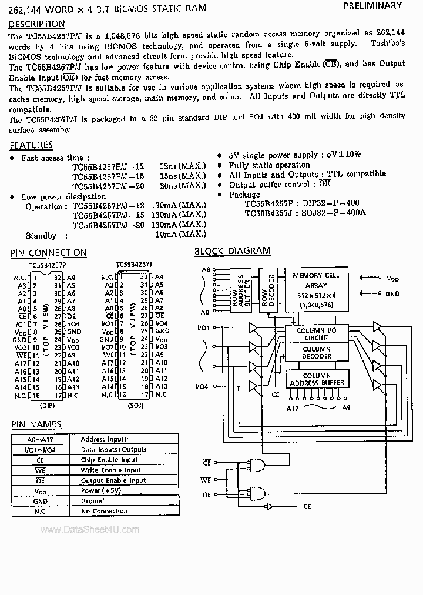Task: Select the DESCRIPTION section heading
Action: click(x=37, y=24)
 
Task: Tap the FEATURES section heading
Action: click(x=31, y=145)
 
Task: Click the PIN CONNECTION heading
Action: click(x=49, y=253)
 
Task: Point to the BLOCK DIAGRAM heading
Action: click(x=233, y=251)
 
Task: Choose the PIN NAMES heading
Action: click(x=36, y=424)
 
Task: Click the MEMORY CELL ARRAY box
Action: click(x=316, y=289)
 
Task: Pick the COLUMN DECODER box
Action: click(x=316, y=353)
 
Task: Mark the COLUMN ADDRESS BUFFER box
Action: click(x=316, y=379)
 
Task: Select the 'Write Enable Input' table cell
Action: click(x=110, y=470)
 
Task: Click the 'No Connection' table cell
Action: click(x=104, y=511)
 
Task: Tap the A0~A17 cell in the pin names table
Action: click(x=40, y=439)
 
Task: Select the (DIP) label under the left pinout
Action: click(x=47, y=405)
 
